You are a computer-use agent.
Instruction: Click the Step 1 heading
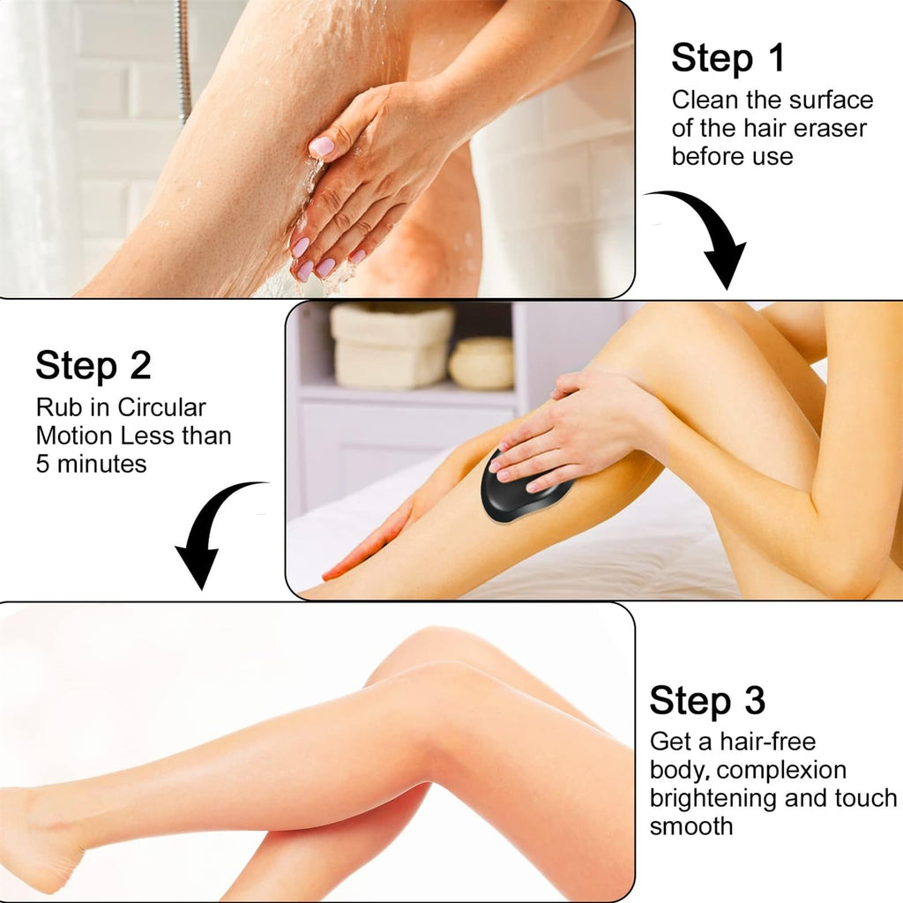click(x=728, y=58)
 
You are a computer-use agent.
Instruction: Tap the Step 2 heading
click(x=93, y=365)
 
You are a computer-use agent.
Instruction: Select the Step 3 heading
click(x=707, y=700)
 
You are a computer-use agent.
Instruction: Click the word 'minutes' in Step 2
click(x=103, y=464)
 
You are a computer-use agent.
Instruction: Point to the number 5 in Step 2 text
click(x=43, y=464)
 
